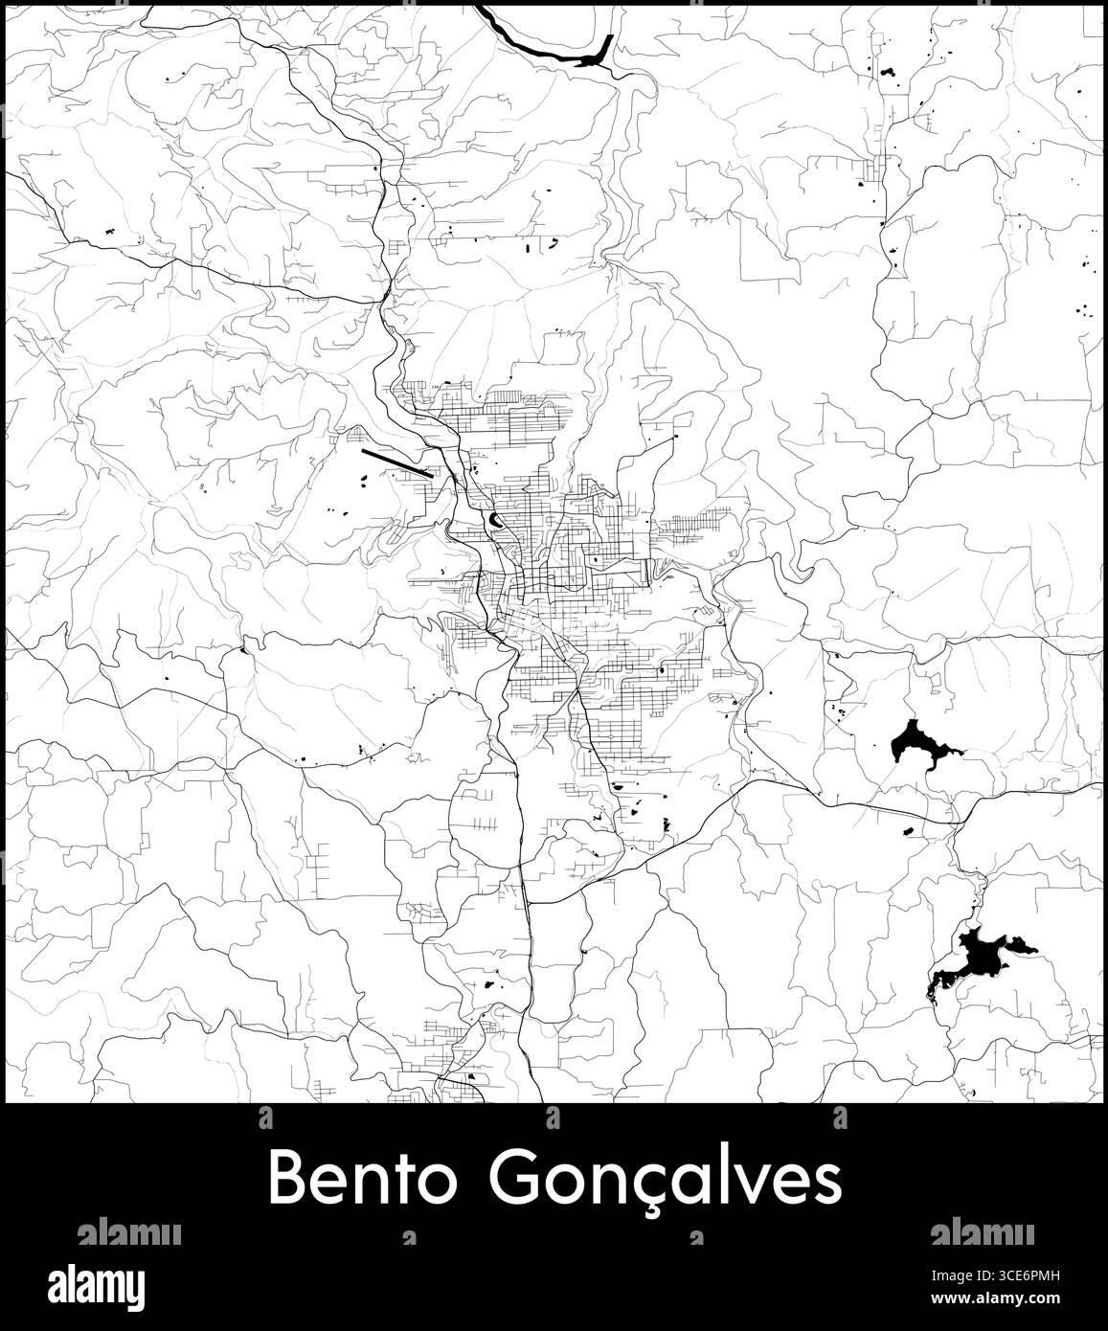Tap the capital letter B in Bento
(x=285, y=1180)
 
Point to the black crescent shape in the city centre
(x=495, y=520)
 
